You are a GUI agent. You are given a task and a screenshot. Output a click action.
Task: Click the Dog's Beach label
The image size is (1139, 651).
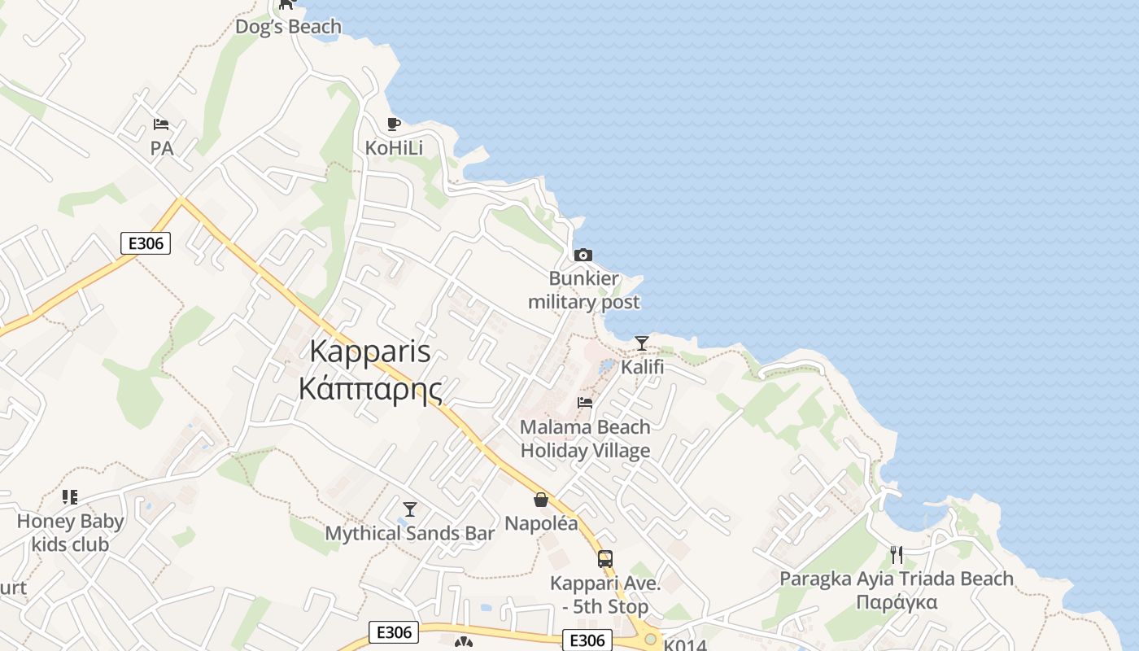coord(288,27)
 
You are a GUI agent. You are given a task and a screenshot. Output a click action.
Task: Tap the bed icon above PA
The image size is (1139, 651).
coord(161,125)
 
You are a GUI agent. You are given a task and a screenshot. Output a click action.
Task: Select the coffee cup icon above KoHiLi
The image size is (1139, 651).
coord(394,124)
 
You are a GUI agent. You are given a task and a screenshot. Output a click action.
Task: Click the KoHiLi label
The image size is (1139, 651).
coord(394,148)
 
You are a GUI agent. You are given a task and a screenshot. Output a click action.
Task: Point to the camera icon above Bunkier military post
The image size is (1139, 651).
coord(583,256)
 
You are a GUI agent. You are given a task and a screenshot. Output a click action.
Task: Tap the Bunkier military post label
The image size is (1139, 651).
coord(583,291)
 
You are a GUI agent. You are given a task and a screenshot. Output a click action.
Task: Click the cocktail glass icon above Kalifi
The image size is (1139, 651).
coord(642,343)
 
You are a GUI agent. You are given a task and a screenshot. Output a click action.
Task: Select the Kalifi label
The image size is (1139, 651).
coord(642,367)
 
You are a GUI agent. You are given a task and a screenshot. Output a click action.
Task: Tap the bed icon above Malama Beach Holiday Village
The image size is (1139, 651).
coord(584,402)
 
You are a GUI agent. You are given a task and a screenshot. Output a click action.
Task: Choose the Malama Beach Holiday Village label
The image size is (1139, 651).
coord(585,439)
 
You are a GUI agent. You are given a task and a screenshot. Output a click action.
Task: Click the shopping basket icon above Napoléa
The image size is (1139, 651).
coord(541,500)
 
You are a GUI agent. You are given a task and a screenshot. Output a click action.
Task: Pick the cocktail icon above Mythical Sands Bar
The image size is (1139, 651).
coord(410,509)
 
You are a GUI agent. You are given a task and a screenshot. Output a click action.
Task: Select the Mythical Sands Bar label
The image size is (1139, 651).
coord(409,534)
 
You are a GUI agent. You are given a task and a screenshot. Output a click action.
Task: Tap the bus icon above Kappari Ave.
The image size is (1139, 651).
coord(604,559)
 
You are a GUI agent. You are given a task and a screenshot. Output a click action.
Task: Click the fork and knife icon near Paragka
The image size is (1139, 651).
coord(896,555)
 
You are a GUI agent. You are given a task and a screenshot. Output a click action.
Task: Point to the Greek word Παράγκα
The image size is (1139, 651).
coord(897,603)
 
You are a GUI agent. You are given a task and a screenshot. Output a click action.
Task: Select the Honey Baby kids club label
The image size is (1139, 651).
coord(71,533)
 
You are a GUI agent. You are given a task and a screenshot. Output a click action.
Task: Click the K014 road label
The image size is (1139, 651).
coord(685,644)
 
